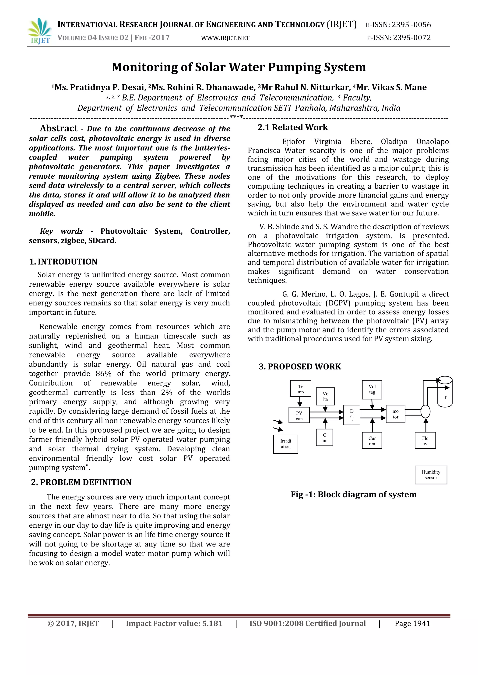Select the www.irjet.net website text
(225, 38)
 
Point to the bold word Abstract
(59, 128)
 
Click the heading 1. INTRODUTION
(63, 262)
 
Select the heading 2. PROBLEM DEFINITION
(81, 482)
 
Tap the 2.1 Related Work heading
(293, 127)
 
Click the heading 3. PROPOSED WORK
(300, 367)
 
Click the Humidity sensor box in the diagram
(431, 475)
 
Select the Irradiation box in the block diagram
(285, 444)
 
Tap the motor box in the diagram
(395, 414)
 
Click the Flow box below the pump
(425, 440)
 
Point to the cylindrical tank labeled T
(445, 392)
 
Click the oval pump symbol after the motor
(425, 411)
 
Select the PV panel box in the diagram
(299, 415)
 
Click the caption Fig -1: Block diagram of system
(354, 495)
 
